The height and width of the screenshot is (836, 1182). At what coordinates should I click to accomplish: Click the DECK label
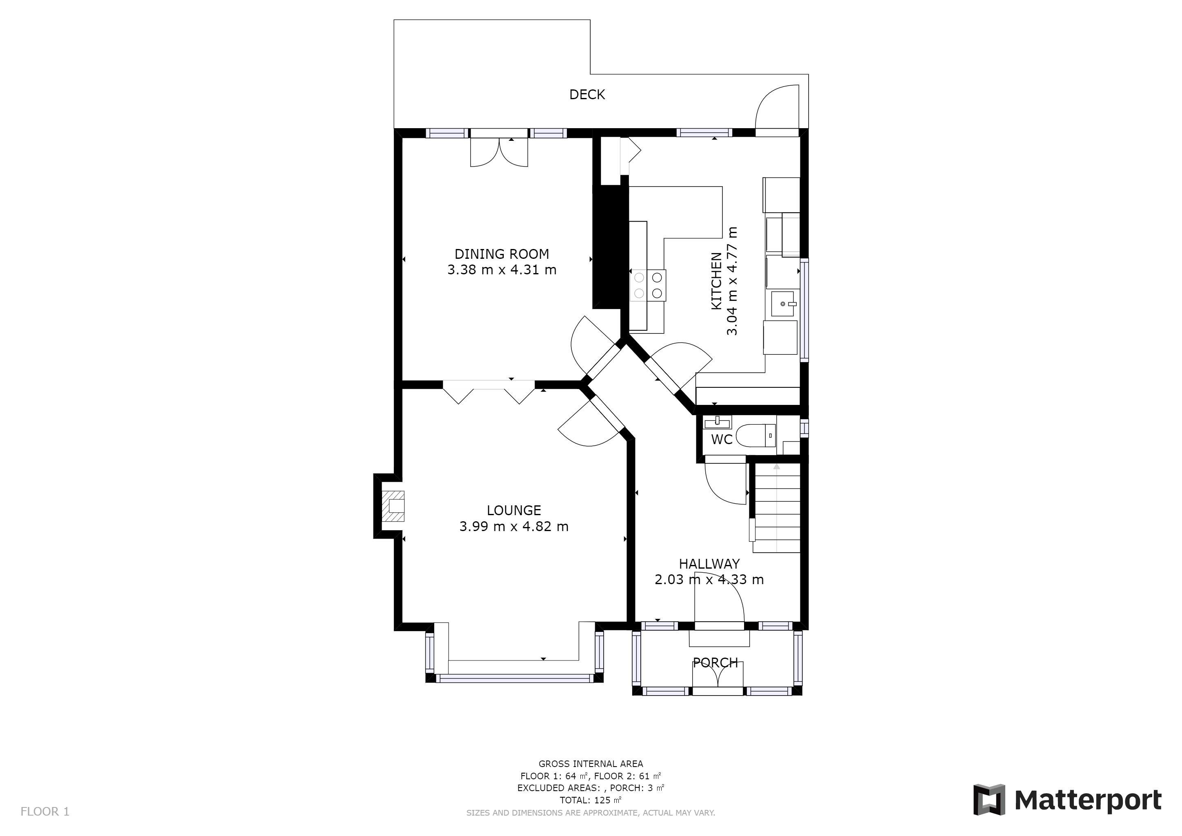pos(587,95)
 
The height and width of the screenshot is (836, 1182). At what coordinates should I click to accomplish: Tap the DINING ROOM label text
pos(502,254)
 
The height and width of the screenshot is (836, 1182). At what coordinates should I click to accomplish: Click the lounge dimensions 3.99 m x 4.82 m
pos(514,527)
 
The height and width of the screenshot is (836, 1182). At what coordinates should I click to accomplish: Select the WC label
pos(721,440)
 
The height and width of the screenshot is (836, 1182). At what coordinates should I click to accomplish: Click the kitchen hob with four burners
pos(648,285)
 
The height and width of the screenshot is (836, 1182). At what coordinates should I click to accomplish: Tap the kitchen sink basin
pos(784,304)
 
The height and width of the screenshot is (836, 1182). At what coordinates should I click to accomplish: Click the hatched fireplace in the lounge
pos(393,506)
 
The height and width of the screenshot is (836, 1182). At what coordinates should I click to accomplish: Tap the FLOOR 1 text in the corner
pos(45,812)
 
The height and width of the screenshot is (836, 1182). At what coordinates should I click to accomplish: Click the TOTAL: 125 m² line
pos(591,800)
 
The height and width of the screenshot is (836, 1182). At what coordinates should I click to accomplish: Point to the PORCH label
pos(715,663)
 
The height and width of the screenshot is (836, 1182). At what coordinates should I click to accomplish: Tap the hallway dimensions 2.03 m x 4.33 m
pos(709,580)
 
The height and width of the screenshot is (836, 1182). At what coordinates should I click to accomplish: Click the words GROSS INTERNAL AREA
pos(591,764)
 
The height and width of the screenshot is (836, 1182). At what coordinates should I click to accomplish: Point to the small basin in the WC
pos(717,422)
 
